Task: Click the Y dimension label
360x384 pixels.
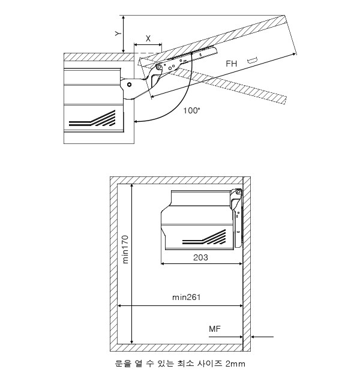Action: (118, 34)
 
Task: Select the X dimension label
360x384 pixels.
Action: (148, 38)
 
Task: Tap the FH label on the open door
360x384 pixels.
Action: (232, 64)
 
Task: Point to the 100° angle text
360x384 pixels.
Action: (192, 110)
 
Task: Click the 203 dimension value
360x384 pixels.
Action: (200, 257)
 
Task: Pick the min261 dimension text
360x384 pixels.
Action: (187, 298)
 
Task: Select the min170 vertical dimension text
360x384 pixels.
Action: (125, 250)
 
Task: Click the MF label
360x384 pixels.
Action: (215, 329)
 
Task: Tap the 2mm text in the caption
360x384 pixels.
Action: (235, 364)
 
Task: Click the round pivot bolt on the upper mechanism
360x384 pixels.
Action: (130, 85)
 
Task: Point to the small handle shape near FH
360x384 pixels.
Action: (252, 61)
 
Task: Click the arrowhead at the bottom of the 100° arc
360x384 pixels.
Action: (136, 121)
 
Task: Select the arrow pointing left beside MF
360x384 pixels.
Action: (262, 337)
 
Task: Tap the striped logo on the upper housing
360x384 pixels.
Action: (92, 119)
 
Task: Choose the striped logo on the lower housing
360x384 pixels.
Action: (204, 238)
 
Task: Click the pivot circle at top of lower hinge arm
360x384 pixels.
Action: (238, 192)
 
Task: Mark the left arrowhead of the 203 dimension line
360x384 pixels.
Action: (163, 264)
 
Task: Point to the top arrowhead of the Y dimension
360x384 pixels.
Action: (124, 17)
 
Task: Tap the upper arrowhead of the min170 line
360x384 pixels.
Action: (132, 185)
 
